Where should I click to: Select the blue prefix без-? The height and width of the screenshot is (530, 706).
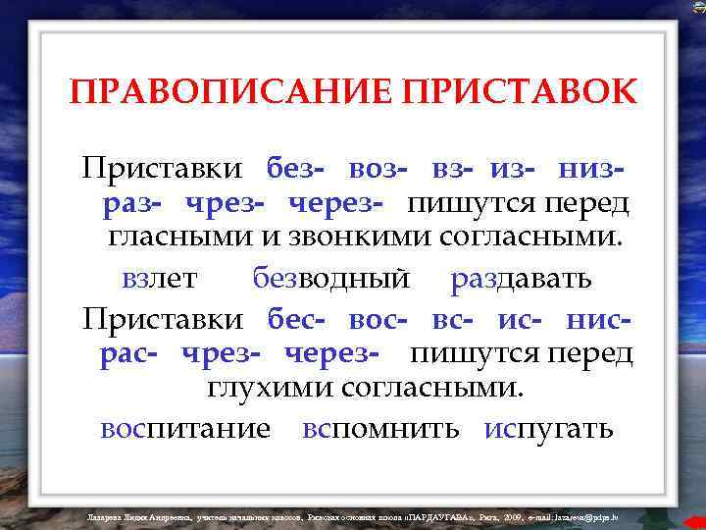click(297, 169)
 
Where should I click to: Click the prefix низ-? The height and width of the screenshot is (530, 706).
click(590, 169)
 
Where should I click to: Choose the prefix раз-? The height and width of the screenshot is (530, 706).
click(134, 204)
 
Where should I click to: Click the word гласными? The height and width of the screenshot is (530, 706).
click(169, 239)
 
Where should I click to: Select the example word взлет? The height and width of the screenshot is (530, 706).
click(160, 280)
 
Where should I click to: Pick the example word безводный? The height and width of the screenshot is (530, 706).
click(330, 280)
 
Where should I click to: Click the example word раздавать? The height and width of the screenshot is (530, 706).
click(521, 280)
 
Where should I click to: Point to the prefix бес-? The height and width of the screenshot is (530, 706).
click(298, 320)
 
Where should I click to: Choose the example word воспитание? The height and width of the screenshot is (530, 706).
click(185, 430)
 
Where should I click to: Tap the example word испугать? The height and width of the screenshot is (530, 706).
click(548, 430)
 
